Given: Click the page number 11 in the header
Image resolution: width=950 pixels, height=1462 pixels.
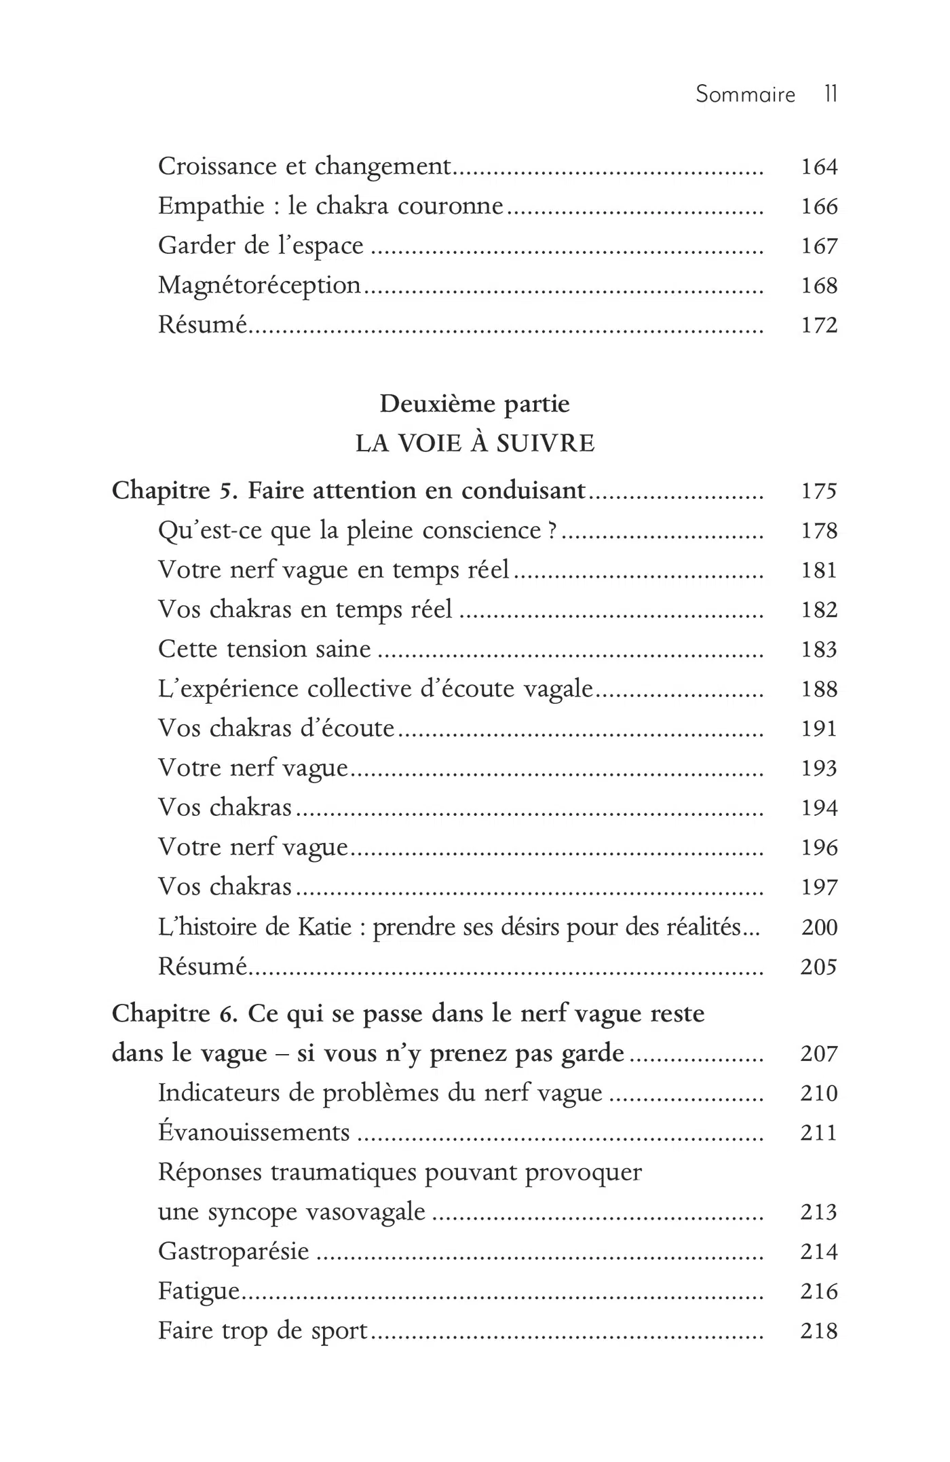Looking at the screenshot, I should (831, 94).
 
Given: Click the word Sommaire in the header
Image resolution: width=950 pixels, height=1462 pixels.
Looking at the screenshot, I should (745, 94).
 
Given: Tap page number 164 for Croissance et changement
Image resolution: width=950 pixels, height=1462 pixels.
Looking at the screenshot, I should (819, 167).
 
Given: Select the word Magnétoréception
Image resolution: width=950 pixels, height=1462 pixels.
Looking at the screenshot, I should (259, 286).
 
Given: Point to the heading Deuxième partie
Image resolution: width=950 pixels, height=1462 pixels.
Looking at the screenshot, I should (474, 404).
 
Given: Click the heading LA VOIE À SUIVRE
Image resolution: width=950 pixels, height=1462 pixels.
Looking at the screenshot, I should (475, 444).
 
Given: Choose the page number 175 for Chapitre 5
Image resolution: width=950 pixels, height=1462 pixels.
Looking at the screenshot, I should (819, 491).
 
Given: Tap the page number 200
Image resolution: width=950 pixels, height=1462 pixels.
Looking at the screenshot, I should (819, 927).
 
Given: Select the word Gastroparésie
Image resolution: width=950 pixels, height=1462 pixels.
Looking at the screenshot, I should (233, 1252).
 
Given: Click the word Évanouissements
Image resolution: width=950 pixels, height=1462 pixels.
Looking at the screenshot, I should (254, 1133).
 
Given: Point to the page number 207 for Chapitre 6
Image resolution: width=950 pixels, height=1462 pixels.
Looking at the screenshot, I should (819, 1053).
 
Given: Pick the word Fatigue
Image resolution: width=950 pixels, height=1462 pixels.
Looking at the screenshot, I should (199, 1291).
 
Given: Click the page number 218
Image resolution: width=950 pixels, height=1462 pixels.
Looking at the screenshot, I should (819, 1331).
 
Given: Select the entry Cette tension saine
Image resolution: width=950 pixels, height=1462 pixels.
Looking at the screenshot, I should (264, 650).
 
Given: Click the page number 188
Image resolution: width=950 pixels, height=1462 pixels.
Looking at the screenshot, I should (819, 690).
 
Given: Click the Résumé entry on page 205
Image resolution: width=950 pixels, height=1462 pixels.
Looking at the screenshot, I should (202, 967).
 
